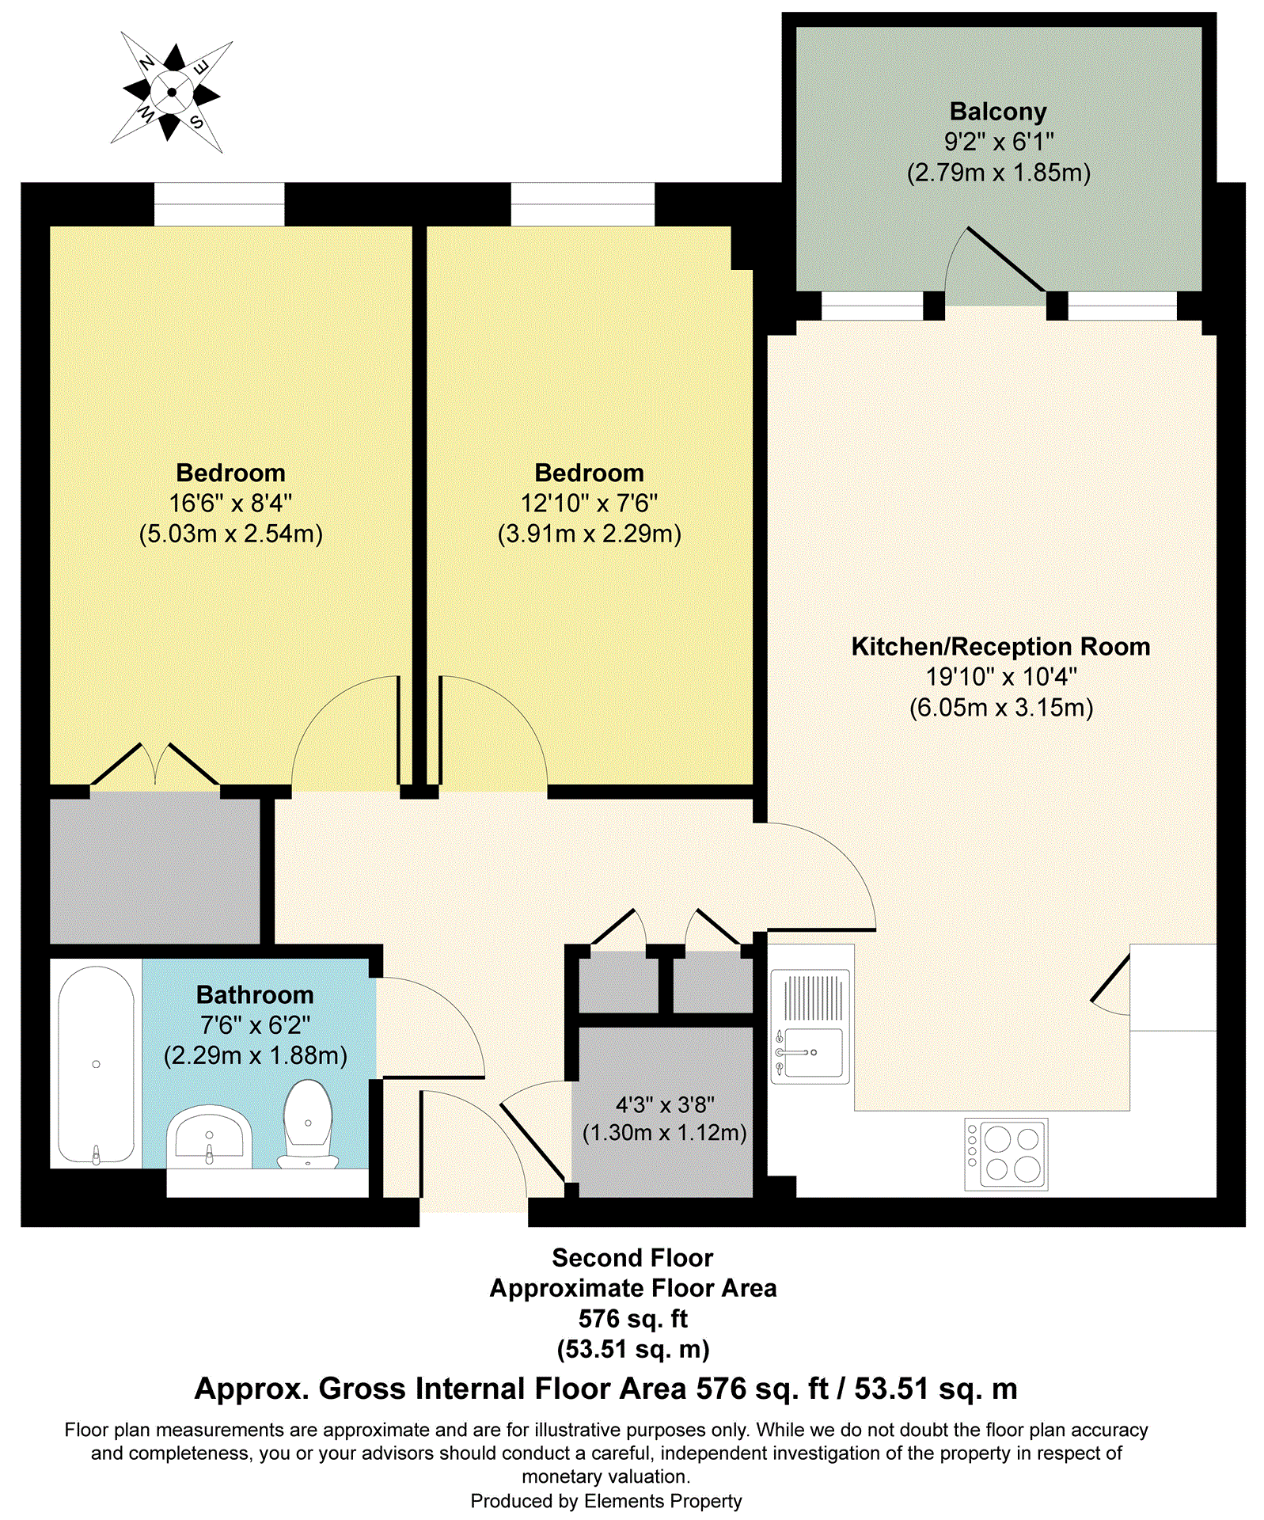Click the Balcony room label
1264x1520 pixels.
tap(997, 112)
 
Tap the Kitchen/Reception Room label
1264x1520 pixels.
tap(1000, 647)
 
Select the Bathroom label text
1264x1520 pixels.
tap(255, 994)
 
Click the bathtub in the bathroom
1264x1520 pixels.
tap(96, 1064)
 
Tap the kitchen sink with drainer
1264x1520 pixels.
tap(810, 1027)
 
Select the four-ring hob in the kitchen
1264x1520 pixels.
tap(1006, 1153)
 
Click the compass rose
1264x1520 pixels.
tap(172, 92)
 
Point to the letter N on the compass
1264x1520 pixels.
tap(146, 63)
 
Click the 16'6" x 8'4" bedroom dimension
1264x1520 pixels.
tap(230, 503)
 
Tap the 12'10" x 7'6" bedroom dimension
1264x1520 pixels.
tap(589, 503)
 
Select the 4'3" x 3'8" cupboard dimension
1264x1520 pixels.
tap(665, 1104)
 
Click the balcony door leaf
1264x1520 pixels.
tap(1005, 259)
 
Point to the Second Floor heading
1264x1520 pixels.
tap(632, 1258)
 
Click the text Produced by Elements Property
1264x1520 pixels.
tap(605, 1500)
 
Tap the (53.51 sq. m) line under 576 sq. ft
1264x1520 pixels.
tap(632, 1348)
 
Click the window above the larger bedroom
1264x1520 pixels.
tap(218, 204)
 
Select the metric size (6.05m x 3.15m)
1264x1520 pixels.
tap(1000, 707)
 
